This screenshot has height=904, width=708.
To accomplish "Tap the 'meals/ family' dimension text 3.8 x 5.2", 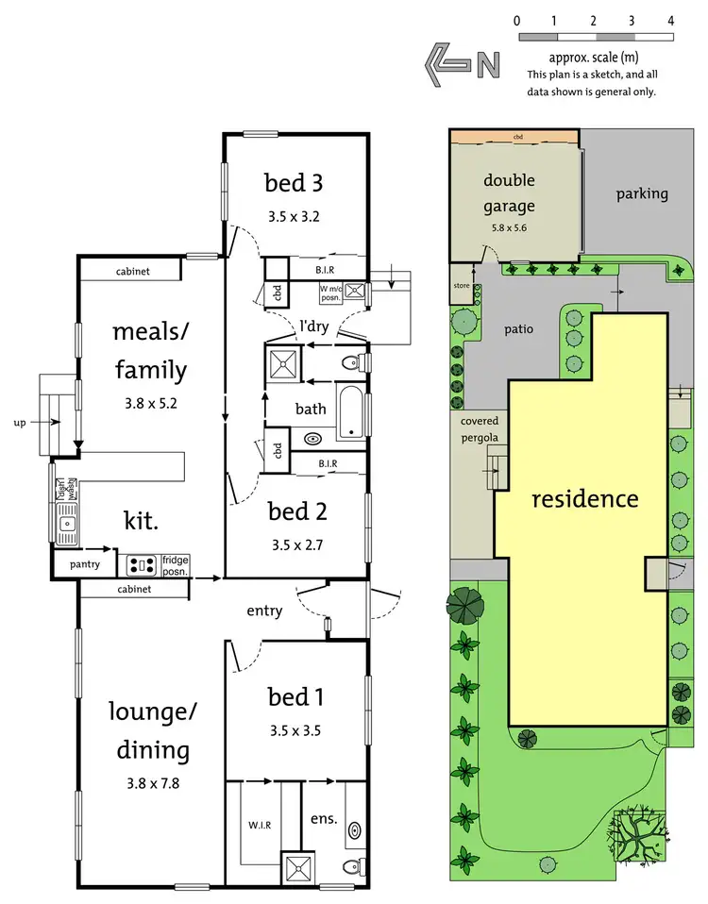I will click(150, 402).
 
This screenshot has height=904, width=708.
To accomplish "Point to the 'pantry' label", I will click(84, 564).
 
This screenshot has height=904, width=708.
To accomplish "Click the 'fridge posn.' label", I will click(176, 565).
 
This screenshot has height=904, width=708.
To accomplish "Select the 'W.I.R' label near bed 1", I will click(259, 824).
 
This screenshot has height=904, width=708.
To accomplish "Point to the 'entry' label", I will click(264, 611).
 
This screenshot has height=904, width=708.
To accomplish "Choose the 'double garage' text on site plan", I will click(509, 193).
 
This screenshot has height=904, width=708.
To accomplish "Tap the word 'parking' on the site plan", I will click(642, 193).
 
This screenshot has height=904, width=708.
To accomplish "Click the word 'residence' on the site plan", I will click(584, 497).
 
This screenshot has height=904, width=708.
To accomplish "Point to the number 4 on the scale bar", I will click(670, 20).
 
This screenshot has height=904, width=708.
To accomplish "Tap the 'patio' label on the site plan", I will click(518, 329).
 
